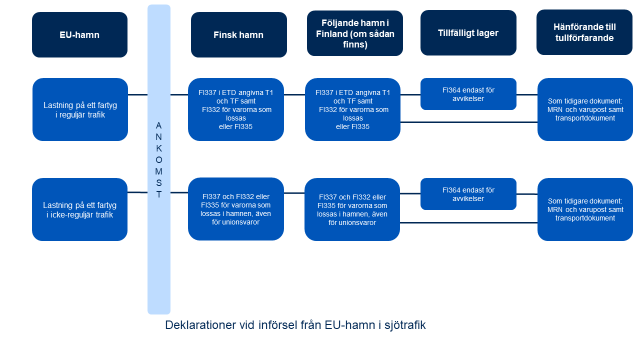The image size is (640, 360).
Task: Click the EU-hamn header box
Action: point(79,35)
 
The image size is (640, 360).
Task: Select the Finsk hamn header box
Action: point(238,35)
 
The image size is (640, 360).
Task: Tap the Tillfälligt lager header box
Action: point(468,33)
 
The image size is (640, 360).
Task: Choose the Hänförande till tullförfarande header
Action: point(584,32)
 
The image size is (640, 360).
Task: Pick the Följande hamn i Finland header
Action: point(355,33)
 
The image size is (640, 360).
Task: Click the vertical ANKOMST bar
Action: point(159,250)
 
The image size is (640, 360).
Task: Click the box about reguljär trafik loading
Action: point(80,109)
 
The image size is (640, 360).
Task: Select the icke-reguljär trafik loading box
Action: point(79,209)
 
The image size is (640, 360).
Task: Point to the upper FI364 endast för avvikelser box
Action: point(468,94)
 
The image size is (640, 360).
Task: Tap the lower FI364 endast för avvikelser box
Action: point(468,194)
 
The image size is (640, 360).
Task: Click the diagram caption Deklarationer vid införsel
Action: point(295,325)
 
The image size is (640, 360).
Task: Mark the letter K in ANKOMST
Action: point(159,148)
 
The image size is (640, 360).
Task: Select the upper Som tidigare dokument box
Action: point(585,109)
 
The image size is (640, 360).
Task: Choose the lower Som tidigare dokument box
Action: point(585,209)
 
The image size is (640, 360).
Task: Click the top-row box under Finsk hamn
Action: point(236,109)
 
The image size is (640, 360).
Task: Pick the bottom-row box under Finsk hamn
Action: point(236,209)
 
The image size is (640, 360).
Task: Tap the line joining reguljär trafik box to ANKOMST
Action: point(137,94)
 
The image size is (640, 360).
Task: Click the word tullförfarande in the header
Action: point(584,38)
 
